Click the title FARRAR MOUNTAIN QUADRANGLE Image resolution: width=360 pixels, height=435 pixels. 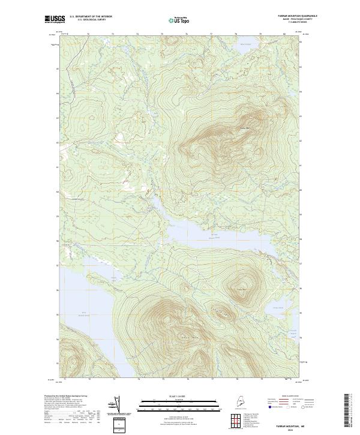pyautogui.click(x=301, y=16)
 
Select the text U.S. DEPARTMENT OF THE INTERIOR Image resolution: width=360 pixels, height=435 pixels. pyautogui.click(x=91, y=16)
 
